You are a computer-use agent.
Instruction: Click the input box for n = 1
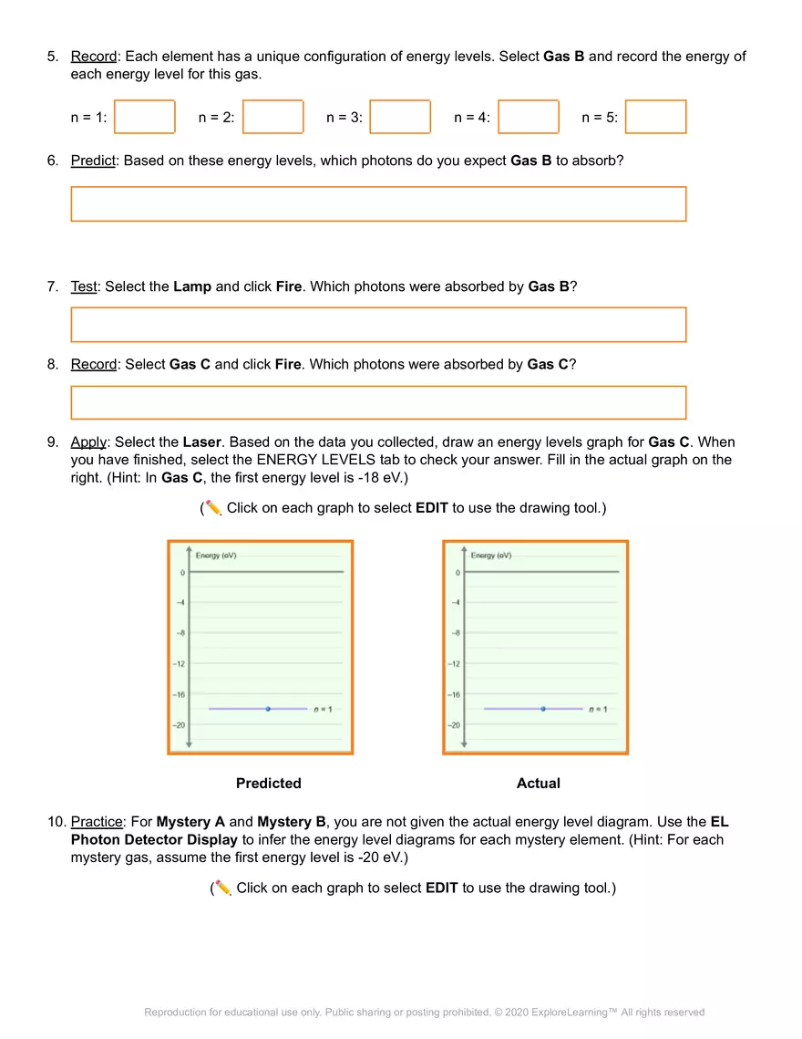click(x=144, y=117)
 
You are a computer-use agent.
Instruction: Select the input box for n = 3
click(x=400, y=117)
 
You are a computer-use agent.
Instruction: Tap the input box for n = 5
click(x=655, y=117)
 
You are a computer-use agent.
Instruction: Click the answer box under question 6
click(x=378, y=204)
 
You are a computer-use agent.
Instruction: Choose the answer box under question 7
click(x=378, y=325)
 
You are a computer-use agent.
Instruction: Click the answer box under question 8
click(x=378, y=402)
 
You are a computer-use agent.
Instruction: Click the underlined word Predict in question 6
click(x=93, y=161)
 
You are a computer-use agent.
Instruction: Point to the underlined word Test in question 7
click(x=83, y=286)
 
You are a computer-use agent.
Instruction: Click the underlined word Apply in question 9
click(x=88, y=442)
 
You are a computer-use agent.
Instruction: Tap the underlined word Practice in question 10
click(x=96, y=822)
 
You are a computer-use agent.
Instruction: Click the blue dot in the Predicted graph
click(x=268, y=709)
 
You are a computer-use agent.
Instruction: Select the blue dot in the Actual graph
click(x=543, y=709)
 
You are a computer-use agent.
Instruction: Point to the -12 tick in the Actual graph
click(x=454, y=663)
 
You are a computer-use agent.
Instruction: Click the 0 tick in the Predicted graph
click(x=182, y=572)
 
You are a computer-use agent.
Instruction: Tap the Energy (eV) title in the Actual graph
click(x=490, y=555)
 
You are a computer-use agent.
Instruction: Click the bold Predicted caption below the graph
click(x=268, y=784)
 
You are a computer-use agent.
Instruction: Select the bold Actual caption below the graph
click(x=538, y=784)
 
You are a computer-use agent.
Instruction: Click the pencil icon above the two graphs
click(x=213, y=507)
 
